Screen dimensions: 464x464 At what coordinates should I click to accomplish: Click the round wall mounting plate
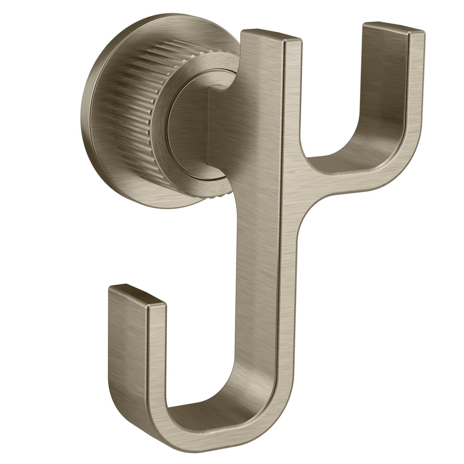coord(106,96)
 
